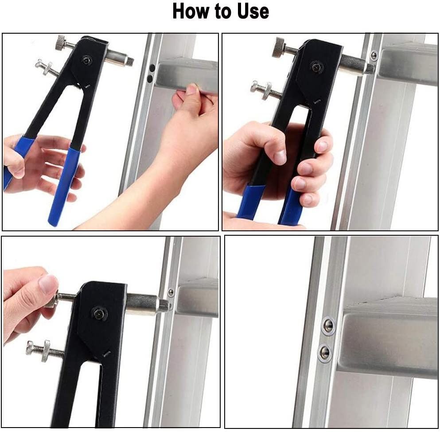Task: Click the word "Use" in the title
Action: click(253, 11)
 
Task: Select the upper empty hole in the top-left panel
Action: click(152, 68)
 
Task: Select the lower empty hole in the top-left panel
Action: click(150, 79)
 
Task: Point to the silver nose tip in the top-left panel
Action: click(129, 60)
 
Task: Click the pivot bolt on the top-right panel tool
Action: click(316, 67)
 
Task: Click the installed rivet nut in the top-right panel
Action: click(374, 55)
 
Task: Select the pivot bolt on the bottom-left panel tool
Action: click(98, 313)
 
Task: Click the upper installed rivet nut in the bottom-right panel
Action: click(328, 325)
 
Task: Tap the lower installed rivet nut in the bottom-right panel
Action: click(324, 352)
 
